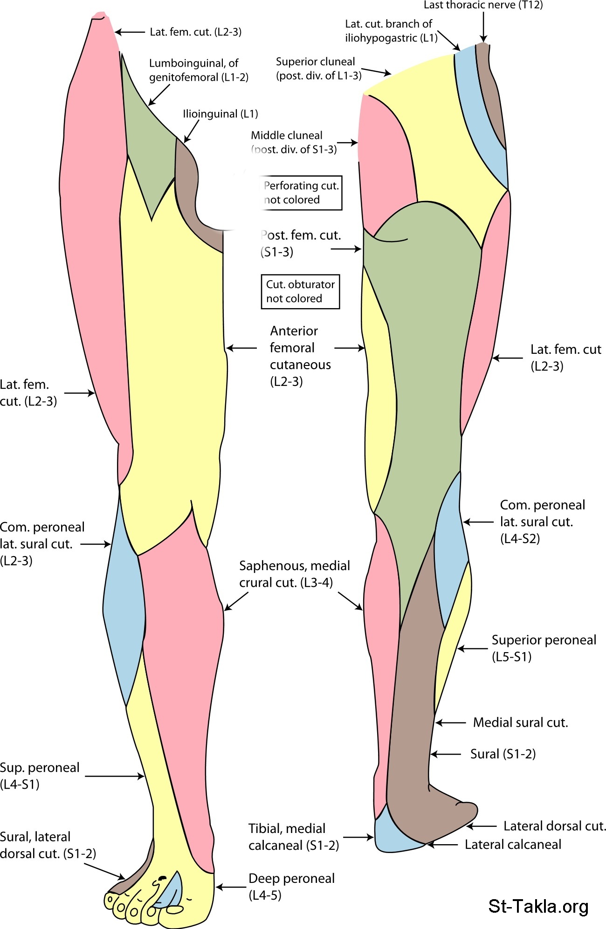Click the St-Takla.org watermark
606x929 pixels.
click(538, 906)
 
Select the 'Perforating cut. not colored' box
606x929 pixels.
click(301, 193)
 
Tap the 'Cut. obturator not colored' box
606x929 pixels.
click(300, 291)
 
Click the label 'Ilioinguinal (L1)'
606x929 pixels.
click(220, 114)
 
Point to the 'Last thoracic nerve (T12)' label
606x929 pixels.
click(483, 5)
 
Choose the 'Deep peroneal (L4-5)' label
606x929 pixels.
click(291, 887)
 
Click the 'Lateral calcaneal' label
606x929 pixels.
click(513, 844)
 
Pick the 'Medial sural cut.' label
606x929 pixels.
click(520, 723)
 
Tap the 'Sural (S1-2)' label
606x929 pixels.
click(503, 754)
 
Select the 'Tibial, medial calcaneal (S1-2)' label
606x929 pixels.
click(293, 837)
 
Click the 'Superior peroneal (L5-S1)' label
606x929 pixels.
click(544, 648)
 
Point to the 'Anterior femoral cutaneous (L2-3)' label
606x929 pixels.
click(300, 356)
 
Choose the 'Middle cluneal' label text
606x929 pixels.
click(286, 135)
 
